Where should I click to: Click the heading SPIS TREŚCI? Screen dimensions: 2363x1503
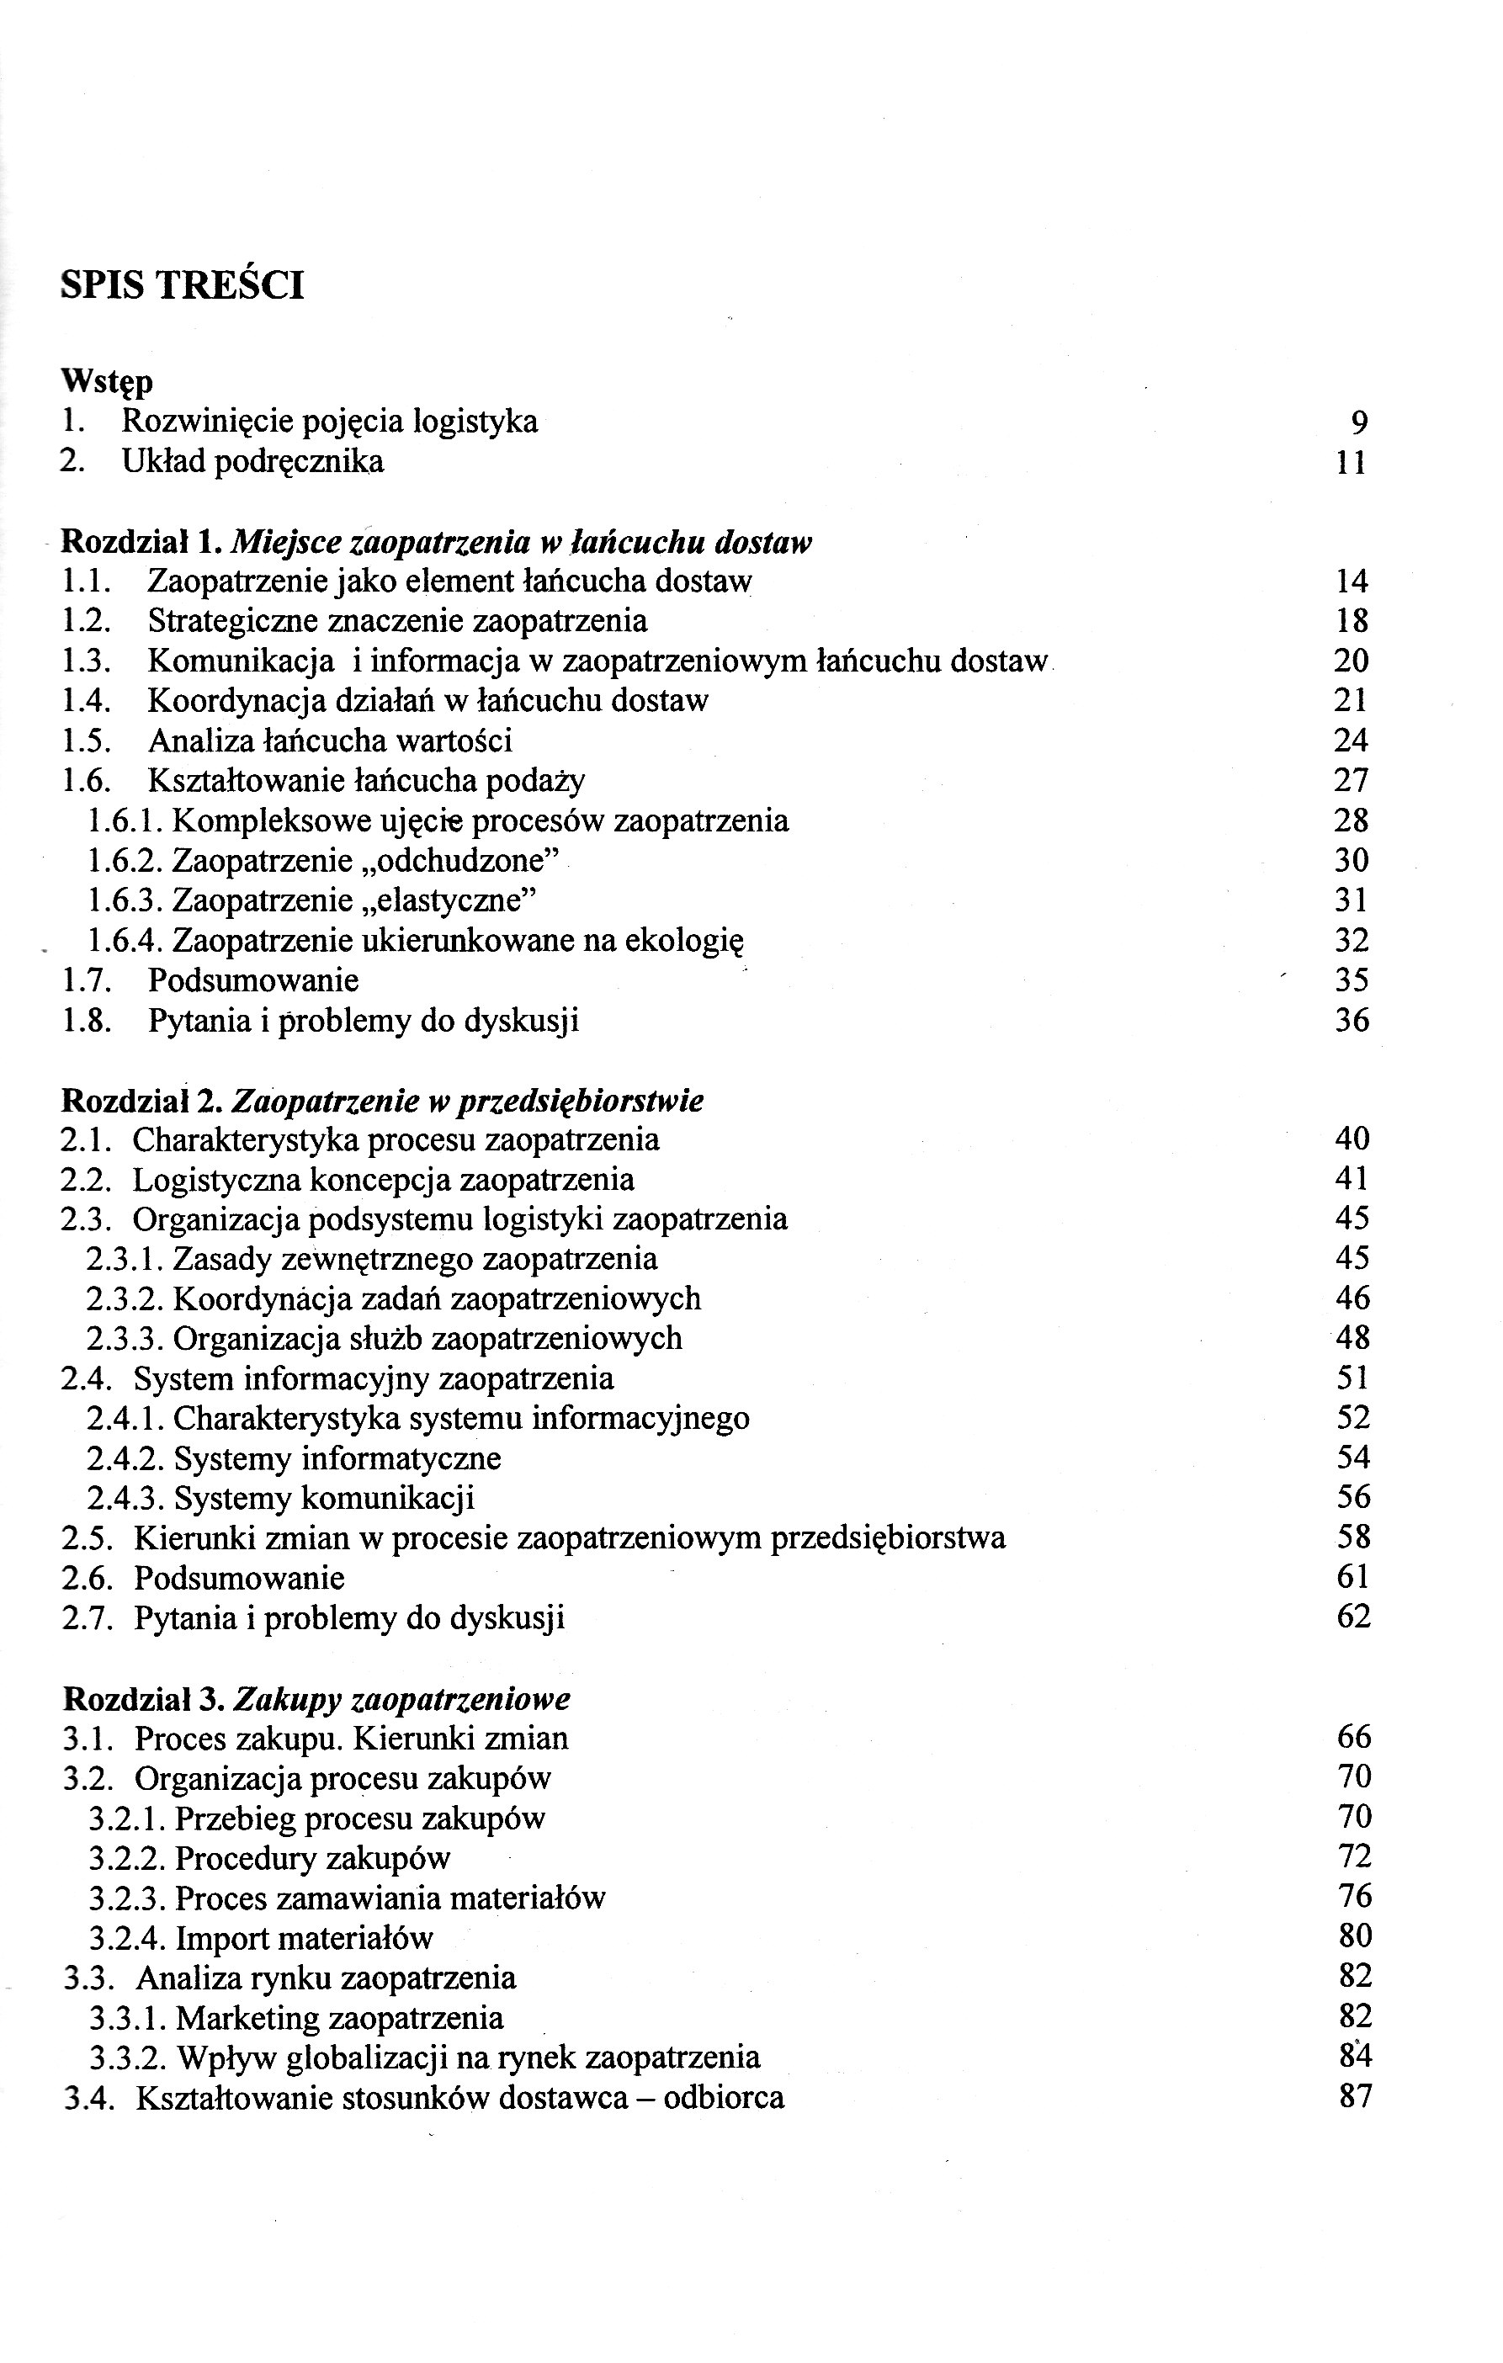point(183,285)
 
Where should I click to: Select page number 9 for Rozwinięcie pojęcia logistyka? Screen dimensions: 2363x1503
point(1359,423)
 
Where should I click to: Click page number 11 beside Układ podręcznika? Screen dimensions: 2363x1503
point(1351,462)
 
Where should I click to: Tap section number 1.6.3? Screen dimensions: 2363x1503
point(126,900)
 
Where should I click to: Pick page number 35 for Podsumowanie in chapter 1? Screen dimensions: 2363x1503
point(1351,980)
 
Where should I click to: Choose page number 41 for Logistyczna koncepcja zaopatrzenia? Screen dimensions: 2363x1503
point(1351,1179)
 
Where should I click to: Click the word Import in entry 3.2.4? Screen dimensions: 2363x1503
point(221,1938)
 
